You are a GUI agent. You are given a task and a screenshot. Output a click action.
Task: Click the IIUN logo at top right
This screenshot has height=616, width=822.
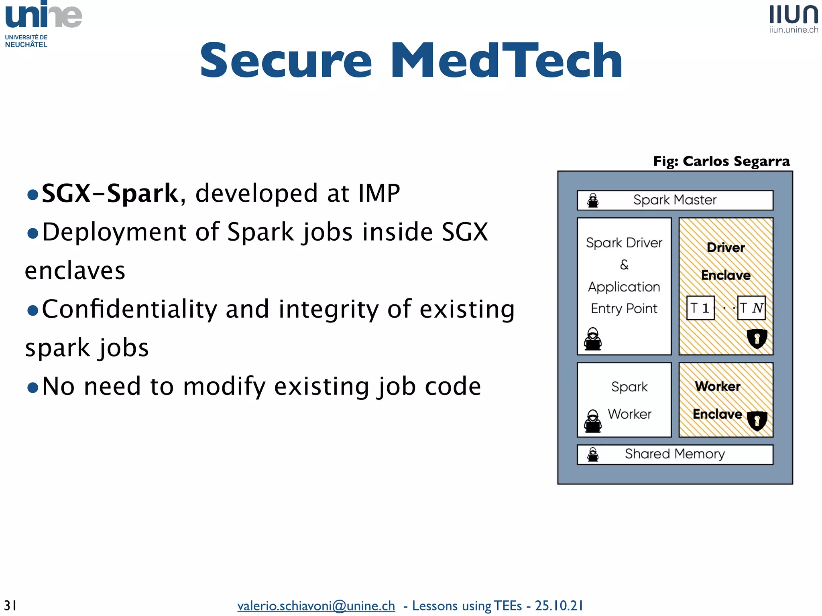[793, 18]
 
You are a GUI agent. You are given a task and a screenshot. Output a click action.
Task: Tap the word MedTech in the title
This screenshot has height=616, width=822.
[507, 61]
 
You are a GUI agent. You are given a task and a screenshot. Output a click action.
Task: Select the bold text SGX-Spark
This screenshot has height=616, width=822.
[110, 193]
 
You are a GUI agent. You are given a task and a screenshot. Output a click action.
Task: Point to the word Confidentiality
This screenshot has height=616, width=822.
[129, 309]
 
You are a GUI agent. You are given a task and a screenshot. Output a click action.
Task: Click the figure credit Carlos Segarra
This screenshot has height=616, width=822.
[736, 161]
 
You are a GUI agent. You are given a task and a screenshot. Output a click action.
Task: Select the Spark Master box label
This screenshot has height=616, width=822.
[675, 200]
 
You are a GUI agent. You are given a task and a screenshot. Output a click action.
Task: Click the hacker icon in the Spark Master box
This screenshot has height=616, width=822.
[593, 200]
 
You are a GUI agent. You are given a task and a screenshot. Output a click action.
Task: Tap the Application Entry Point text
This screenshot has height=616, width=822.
[624, 298]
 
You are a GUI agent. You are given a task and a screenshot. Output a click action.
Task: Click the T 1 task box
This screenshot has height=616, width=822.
[700, 308]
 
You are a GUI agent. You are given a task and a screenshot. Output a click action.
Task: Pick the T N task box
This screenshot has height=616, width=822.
[751, 308]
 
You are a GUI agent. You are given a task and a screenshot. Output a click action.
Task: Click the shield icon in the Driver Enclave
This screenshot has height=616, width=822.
[757, 338]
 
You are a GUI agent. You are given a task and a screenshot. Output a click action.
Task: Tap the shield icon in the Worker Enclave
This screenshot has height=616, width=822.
[757, 420]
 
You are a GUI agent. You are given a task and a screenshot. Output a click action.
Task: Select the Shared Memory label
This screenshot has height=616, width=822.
[675, 454]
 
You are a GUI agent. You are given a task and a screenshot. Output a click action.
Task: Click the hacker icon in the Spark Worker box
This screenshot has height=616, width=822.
[593, 421]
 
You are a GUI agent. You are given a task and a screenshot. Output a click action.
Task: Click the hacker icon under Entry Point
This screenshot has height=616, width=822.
[593, 339]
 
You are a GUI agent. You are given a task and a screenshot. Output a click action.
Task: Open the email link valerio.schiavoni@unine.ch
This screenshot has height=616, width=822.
[316, 606]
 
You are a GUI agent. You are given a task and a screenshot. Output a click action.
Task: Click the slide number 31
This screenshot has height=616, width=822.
[10, 605]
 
